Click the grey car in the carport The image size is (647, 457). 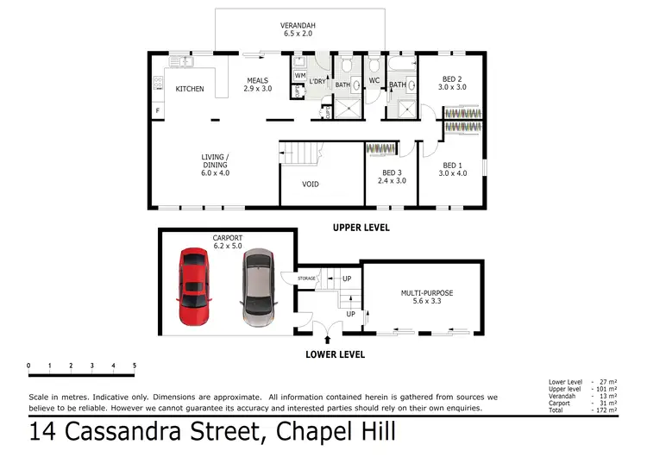pyautogui.click(x=257, y=289)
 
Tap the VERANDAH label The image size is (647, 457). pyautogui.click(x=298, y=26)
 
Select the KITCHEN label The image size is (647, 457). pyautogui.click(x=190, y=89)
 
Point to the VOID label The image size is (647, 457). pyautogui.click(x=311, y=184)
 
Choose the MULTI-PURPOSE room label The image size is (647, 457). pyautogui.click(x=426, y=293)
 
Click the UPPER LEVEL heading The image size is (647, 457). pyautogui.click(x=361, y=228)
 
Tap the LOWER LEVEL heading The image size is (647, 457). pyautogui.click(x=335, y=354)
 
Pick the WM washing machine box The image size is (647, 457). pyautogui.click(x=298, y=76)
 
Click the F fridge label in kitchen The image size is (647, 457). pyautogui.click(x=157, y=111)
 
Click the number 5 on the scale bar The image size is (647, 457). pyautogui.click(x=135, y=366)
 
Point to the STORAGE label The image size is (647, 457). pyautogui.click(x=307, y=279)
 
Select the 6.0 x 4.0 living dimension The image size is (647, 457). pyautogui.click(x=216, y=172)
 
